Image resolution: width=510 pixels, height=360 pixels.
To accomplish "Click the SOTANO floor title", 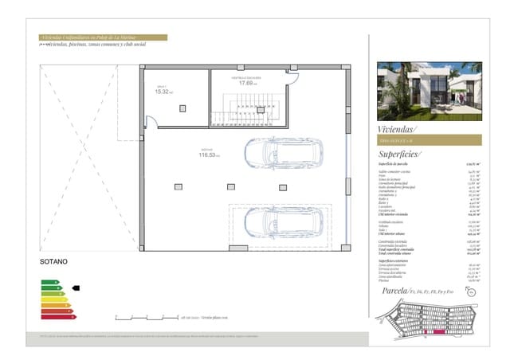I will point(54,260).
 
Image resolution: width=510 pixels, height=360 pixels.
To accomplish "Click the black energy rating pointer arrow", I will point(76,288).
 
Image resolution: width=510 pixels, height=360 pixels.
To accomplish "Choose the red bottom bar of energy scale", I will point(57,317).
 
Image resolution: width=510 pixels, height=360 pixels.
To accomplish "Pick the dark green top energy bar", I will point(49,282).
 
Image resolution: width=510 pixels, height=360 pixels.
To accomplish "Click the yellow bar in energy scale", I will point(53,299).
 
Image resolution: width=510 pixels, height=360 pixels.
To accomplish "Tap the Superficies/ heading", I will point(400,154).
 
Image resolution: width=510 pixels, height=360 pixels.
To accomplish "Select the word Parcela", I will point(394,292).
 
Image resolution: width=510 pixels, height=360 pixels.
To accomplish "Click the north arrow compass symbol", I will point(472,292).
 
